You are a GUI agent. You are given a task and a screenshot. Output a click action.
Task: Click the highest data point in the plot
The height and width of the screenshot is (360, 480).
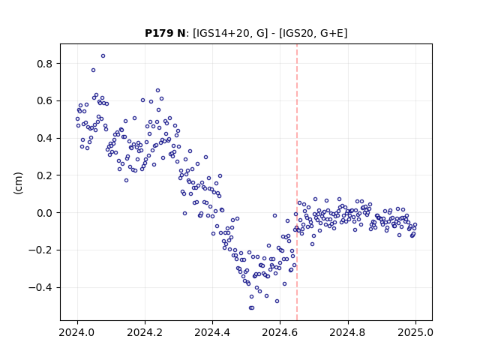[x=103, y=55]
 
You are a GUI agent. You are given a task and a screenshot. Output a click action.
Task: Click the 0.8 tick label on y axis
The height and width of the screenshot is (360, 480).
[x=44, y=64]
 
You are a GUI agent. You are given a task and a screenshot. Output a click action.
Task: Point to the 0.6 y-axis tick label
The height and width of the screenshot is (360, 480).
[x=44, y=100]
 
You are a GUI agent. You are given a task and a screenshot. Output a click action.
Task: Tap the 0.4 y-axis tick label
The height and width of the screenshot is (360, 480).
[x=44, y=138]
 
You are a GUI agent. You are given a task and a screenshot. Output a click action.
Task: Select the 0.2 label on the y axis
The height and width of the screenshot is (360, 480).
[x=44, y=175]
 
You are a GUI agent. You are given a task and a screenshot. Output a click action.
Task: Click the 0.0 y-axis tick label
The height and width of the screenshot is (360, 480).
[x=44, y=213]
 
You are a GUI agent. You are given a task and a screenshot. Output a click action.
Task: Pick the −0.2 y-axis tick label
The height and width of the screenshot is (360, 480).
[x=40, y=250]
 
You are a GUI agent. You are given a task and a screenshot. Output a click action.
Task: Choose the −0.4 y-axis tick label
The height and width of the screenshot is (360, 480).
[x=40, y=287]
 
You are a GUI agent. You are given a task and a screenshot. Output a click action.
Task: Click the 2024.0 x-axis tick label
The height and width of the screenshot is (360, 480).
[x=77, y=332]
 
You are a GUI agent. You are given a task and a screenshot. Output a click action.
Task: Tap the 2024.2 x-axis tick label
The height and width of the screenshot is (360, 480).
[x=145, y=332]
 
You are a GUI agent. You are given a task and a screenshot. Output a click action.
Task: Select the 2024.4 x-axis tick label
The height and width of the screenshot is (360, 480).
[x=212, y=332]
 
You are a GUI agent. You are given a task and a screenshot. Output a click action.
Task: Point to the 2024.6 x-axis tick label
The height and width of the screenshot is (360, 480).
[x=280, y=332]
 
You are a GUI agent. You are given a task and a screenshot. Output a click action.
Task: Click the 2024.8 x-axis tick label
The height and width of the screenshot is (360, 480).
[x=348, y=332]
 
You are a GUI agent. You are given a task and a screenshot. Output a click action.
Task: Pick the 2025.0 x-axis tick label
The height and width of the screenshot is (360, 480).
[x=415, y=332]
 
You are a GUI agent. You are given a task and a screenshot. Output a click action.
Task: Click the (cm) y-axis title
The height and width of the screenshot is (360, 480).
[x=18, y=183]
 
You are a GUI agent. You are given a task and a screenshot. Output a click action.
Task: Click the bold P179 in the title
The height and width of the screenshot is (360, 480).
[x=159, y=33]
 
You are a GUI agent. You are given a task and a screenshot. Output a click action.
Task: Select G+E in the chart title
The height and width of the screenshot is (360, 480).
[x=331, y=33]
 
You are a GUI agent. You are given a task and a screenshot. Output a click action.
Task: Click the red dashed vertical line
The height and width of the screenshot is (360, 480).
[x=297, y=182]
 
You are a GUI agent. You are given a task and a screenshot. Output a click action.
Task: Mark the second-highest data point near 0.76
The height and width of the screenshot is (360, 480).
[x=93, y=70]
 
